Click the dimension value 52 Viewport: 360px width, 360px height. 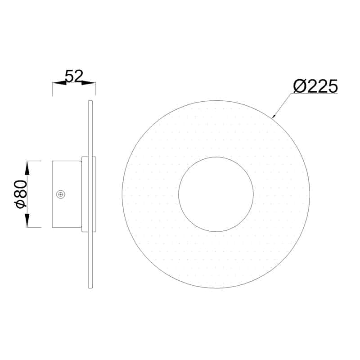click(x=74, y=76)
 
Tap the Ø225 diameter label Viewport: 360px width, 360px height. click(x=315, y=86)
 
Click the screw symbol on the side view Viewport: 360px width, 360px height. click(x=60, y=194)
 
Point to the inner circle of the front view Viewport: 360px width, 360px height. click(x=216, y=194)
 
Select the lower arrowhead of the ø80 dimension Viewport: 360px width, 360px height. click(x=27, y=221)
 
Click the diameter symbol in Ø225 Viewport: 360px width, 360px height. click(x=299, y=86)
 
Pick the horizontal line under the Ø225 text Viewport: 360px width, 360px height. click(x=315, y=94)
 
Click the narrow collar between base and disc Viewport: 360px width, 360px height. click(x=85, y=194)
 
